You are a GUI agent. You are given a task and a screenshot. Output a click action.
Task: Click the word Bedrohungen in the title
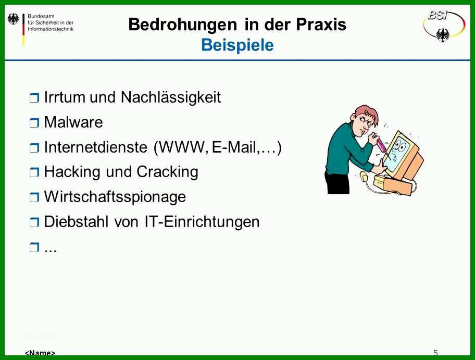[183, 25]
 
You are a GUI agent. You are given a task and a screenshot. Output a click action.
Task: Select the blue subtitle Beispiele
[238, 45]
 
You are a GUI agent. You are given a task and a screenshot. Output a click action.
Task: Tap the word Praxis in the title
[321, 24]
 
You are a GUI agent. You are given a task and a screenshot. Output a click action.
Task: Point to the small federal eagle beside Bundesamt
[13, 19]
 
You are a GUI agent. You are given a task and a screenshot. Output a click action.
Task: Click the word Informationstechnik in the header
[51, 29]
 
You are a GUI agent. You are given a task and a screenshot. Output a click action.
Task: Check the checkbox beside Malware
[34, 123]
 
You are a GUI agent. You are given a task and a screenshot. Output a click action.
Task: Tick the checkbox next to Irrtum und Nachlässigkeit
[34, 98]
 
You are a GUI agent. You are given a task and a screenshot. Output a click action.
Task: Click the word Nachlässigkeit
[171, 97]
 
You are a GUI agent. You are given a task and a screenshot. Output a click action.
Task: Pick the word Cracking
[168, 172]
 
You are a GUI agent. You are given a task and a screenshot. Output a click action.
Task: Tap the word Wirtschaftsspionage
[115, 197]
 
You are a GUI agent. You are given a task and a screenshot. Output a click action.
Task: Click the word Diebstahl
[77, 221]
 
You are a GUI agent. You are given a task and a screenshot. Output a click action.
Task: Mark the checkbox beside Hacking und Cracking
[34, 172]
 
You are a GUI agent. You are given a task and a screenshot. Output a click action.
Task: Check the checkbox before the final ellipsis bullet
[34, 247]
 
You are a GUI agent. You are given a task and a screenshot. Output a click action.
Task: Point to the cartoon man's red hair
[368, 113]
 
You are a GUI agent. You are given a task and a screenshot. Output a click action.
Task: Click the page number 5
[435, 353]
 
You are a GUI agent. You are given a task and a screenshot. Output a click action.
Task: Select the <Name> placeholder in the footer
[40, 353]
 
